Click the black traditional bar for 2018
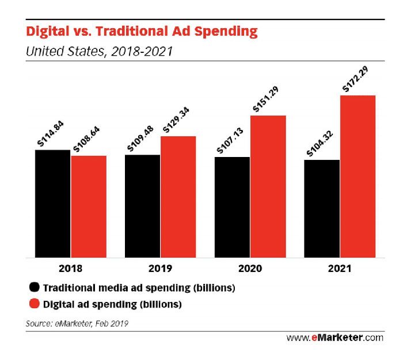coord(52,204)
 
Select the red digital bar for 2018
coord(89,206)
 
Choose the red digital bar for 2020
coord(268,186)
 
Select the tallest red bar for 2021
coord(358,177)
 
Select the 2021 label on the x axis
coord(340,269)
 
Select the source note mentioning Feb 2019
coord(77,323)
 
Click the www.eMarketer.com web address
coord(334,337)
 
